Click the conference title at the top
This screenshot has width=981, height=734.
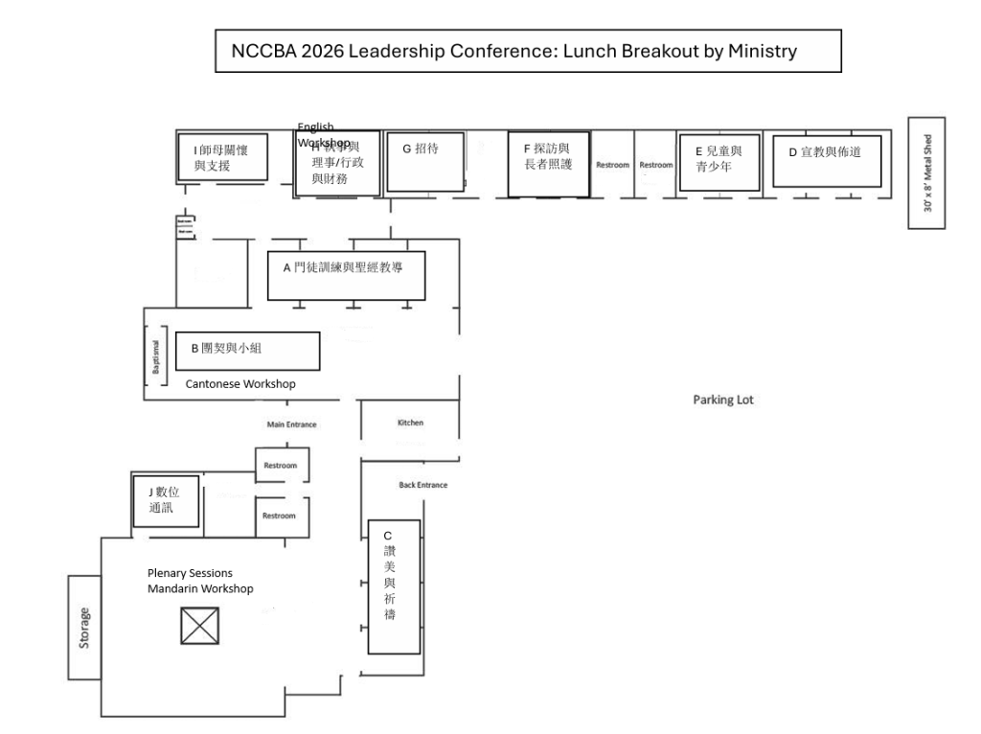pos(527,51)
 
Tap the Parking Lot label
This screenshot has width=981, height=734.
pos(723,400)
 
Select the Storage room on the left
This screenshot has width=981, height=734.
pos(84,627)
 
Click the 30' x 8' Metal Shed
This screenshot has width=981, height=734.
pos(926,173)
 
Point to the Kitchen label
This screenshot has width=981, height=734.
pos(410,423)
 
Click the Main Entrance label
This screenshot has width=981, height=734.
pos(291,424)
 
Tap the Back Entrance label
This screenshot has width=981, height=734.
pos(422,485)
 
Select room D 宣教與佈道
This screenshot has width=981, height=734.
pos(827,160)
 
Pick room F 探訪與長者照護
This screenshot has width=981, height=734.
pos(548,164)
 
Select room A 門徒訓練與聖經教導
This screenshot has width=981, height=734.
pos(346,275)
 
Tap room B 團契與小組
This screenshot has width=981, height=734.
pos(248,351)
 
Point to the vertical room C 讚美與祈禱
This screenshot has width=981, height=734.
pos(394,585)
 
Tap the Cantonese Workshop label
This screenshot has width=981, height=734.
pos(240,384)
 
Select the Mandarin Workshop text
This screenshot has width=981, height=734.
pos(200,588)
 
